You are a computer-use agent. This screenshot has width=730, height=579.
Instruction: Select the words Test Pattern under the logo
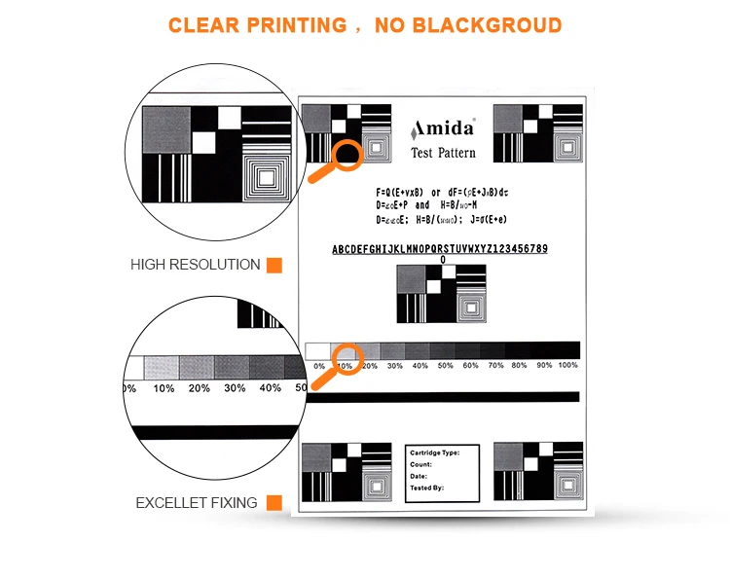tap(444, 153)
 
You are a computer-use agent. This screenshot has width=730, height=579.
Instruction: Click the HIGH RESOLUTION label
tap(195, 265)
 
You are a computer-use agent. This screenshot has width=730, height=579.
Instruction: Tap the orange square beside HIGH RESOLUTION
tap(274, 265)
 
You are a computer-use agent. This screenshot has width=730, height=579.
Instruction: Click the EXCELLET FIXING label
tap(196, 503)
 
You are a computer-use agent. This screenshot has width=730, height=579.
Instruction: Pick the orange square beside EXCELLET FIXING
tap(274, 503)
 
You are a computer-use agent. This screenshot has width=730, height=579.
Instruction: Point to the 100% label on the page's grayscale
tap(568, 366)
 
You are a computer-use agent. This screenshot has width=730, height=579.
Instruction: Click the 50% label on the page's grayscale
tap(445, 366)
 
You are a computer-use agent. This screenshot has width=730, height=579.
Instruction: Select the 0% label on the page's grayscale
tap(319, 366)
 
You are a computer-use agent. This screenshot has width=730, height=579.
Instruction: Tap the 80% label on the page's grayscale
tap(520, 366)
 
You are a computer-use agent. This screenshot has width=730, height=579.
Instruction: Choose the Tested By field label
tap(427, 488)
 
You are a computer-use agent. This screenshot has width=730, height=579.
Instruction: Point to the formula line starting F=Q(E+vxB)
tap(442, 192)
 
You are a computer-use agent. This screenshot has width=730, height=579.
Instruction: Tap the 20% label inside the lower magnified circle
tap(199, 388)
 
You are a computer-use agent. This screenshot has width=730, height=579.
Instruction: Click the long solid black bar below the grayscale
tap(443, 397)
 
